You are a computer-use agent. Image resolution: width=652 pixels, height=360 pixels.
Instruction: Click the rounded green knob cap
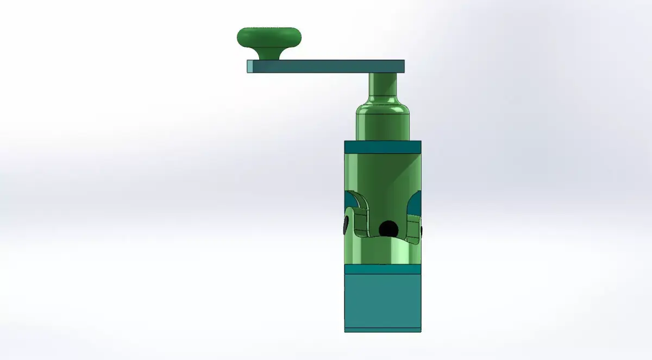(269, 37)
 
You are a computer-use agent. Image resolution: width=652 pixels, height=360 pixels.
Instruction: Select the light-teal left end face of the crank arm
(250, 66)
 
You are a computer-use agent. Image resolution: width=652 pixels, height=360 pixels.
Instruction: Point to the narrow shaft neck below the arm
(383, 84)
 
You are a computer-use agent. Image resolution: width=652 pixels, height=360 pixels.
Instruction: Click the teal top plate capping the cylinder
(383, 147)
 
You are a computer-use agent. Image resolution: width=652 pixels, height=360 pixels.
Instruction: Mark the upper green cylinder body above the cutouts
(383, 171)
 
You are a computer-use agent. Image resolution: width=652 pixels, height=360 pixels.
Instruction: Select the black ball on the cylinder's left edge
(346, 225)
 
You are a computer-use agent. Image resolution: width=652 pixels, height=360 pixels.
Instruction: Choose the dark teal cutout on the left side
(349, 201)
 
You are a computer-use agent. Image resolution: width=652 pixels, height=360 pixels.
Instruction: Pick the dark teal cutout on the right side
(415, 204)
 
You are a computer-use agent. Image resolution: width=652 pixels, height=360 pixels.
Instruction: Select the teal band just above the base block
(383, 269)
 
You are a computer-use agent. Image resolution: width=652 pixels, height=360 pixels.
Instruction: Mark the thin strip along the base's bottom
(383, 330)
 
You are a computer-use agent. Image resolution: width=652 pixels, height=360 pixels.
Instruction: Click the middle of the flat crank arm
(326, 66)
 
